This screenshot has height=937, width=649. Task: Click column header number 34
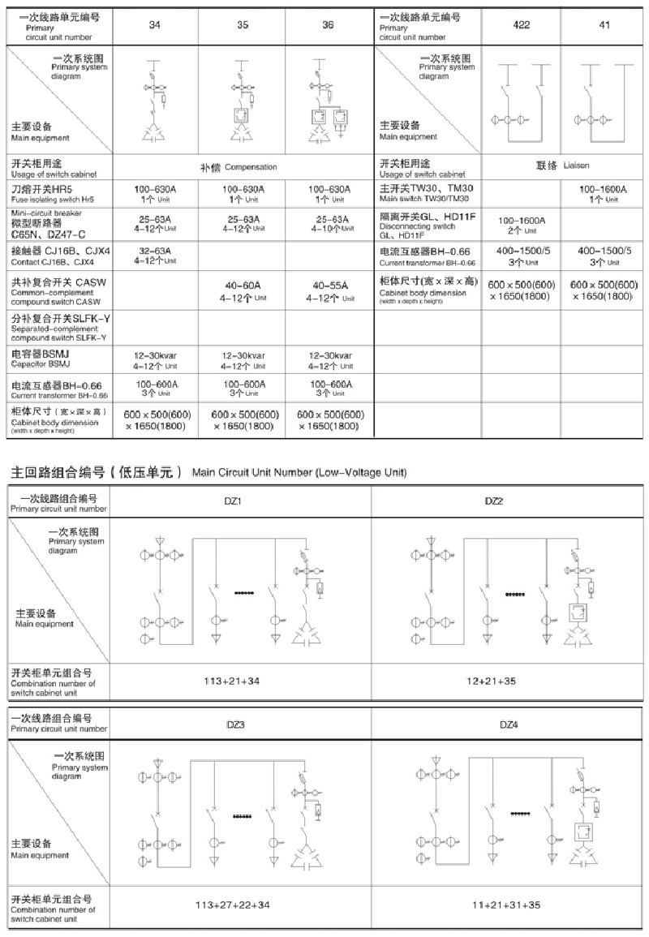155,25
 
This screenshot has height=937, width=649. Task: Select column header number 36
328,25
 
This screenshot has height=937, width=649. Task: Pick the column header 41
604,24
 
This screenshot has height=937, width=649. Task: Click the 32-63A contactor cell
155,256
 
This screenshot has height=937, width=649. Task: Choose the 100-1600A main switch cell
604,194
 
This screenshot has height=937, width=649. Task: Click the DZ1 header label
233,501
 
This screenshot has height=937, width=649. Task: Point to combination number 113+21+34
232,681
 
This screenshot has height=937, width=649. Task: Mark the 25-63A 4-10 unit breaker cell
329,224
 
